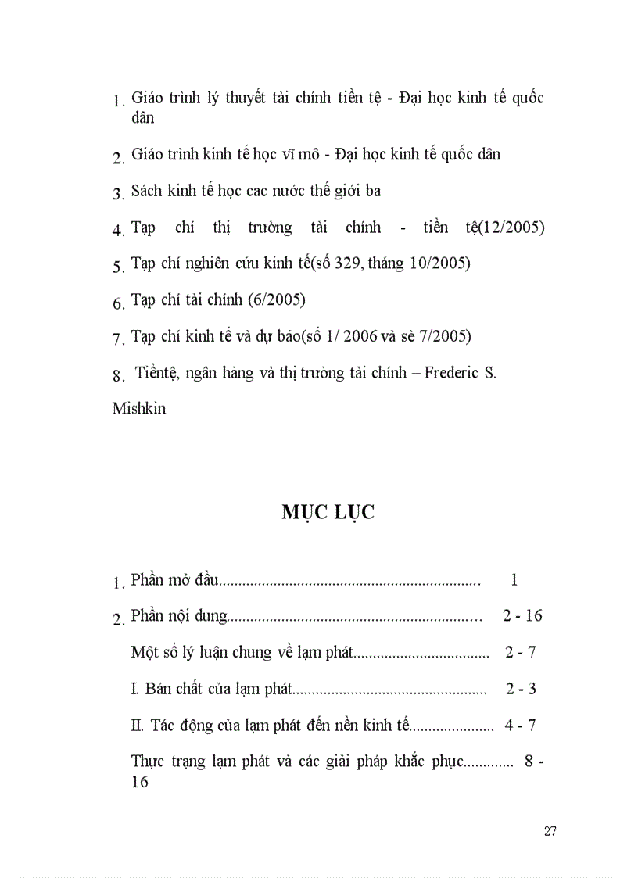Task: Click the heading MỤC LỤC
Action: coord(328,512)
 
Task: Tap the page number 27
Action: coord(550,831)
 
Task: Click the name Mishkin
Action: coord(139,408)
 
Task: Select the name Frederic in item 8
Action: coord(449,373)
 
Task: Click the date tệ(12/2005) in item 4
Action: coord(504,228)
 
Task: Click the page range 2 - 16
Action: coord(522,615)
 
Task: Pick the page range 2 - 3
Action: coord(521,689)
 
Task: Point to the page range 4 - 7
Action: coord(521,725)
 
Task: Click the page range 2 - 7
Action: coord(521,652)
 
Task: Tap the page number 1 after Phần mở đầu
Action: coord(514,579)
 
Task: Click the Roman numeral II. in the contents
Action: coord(138,725)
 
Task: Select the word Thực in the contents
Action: coord(148,762)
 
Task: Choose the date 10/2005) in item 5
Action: coord(443,263)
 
